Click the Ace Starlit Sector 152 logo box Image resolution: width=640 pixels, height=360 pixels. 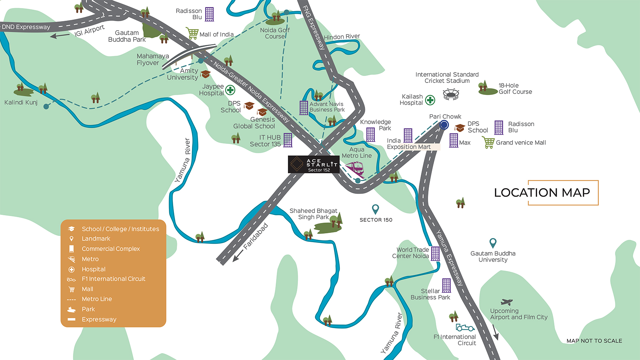click(313, 165)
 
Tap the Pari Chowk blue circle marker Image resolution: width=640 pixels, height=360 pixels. click(444, 125)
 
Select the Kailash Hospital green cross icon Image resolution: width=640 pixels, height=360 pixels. click(430, 100)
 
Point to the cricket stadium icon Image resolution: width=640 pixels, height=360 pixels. click(451, 94)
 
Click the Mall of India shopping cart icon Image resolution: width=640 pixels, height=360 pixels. click(192, 33)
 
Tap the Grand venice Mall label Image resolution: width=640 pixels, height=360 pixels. click(521, 143)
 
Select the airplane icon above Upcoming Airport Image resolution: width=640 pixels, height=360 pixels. click(506, 302)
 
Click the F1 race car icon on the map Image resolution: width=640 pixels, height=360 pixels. click(465, 328)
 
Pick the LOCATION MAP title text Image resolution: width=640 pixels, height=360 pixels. click(542, 193)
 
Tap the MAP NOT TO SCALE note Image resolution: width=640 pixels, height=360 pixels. click(594, 341)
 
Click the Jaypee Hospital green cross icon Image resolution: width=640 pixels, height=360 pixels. click(230, 90)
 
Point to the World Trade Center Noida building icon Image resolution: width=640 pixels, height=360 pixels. click(435, 254)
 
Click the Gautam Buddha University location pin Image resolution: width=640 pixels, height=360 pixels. click(493, 243)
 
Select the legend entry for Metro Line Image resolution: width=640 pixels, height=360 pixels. click(96, 299)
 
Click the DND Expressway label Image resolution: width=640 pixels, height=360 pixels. click(26, 27)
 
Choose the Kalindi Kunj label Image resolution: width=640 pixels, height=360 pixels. click(21, 102)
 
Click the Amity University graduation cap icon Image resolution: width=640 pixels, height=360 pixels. click(205, 74)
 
